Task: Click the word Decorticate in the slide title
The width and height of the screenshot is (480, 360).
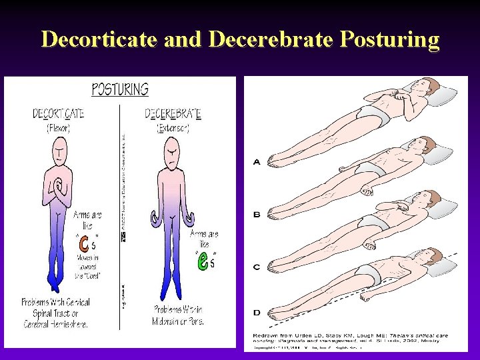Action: (98, 39)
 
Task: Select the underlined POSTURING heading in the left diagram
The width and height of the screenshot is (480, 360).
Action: (120, 89)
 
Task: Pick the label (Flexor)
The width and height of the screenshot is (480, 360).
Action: (59, 128)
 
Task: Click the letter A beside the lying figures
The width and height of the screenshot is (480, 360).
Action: (257, 162)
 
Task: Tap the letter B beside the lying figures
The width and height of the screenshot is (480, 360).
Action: (257, 215)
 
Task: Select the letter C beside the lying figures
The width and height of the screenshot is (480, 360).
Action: (257, 267)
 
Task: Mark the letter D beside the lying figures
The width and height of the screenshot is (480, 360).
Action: (257, 311)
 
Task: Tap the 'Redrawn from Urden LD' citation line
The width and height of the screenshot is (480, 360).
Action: (347, 333)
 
